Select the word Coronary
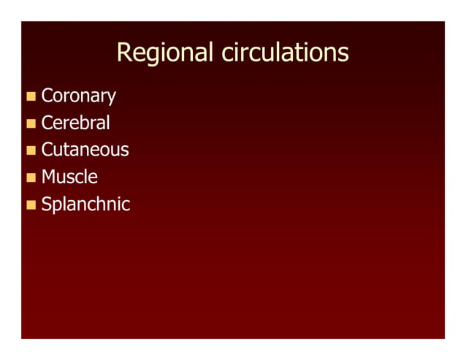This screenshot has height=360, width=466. [x=78, y=96]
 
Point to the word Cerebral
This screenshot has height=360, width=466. [x=75, y=123]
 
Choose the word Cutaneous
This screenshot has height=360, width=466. [x=85, y=150]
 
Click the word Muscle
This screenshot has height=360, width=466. [x=69, y=177]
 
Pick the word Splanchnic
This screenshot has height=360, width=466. [x=85, y=204]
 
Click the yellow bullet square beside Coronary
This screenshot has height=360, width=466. [x=31, y=96]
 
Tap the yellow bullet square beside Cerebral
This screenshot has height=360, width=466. [x=31, y=123]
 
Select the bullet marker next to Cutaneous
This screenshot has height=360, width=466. [x=31, y=150]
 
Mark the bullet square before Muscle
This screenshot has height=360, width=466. [x=31, y=177]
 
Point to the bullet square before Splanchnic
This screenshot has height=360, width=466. [x=31, y=204]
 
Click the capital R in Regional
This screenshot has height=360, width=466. [x=123, y=53]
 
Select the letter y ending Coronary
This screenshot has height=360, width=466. [x=111, y=99]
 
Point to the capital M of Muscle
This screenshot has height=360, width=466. [x=50, y=177]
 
